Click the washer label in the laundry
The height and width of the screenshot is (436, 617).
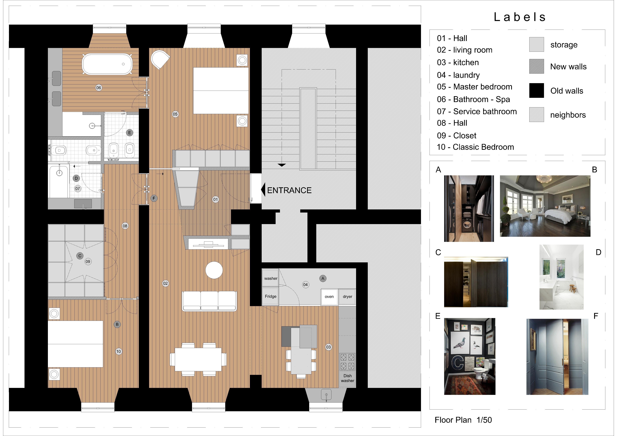point(271,278)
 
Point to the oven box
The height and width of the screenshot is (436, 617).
point(329,297)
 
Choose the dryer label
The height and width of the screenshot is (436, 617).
point(347,297)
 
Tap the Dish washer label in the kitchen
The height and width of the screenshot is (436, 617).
point(347,378)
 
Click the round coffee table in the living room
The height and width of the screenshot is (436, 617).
point(214,270)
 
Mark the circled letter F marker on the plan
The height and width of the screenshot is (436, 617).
point(154,198)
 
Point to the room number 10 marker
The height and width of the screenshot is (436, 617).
point(119,351)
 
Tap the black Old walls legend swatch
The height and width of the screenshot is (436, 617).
point(537,90)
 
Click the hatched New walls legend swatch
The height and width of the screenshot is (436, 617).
point(537,66)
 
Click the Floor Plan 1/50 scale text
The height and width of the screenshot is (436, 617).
point(463,420)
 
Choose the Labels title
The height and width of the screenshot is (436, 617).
point(520,17)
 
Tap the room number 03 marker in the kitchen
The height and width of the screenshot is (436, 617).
point(328,347)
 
